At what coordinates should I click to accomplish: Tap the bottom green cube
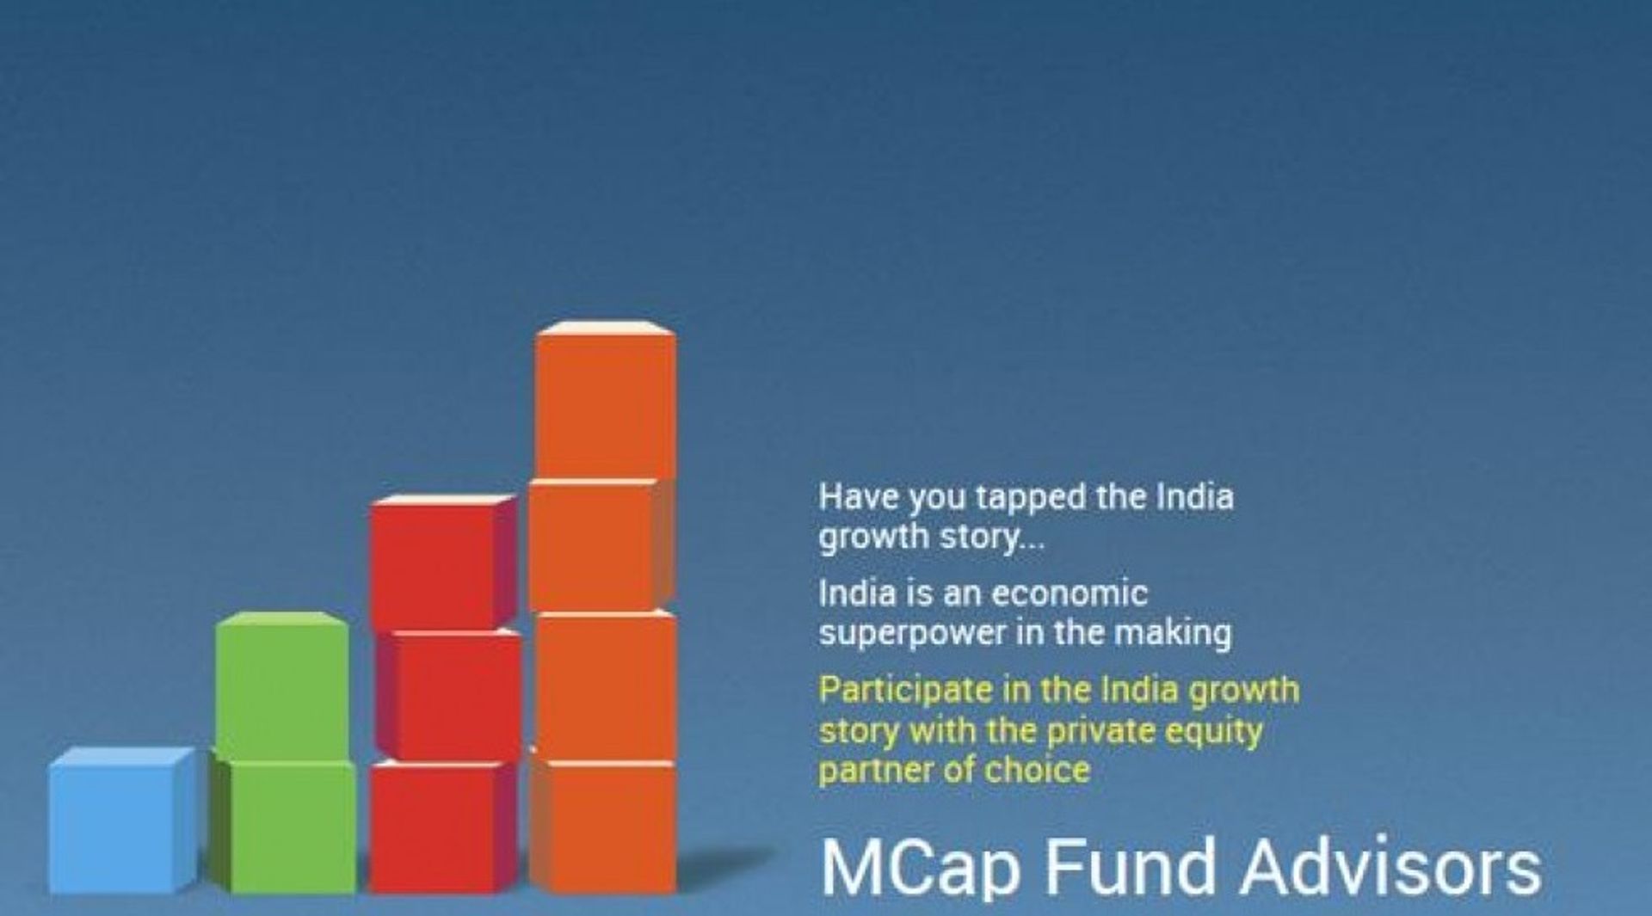(288, 826)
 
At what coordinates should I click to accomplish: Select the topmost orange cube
(605, 404)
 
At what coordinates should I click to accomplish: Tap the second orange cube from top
(594, 546)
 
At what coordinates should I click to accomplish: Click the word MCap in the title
(921, 869)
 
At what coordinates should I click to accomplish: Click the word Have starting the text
(857, 497)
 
